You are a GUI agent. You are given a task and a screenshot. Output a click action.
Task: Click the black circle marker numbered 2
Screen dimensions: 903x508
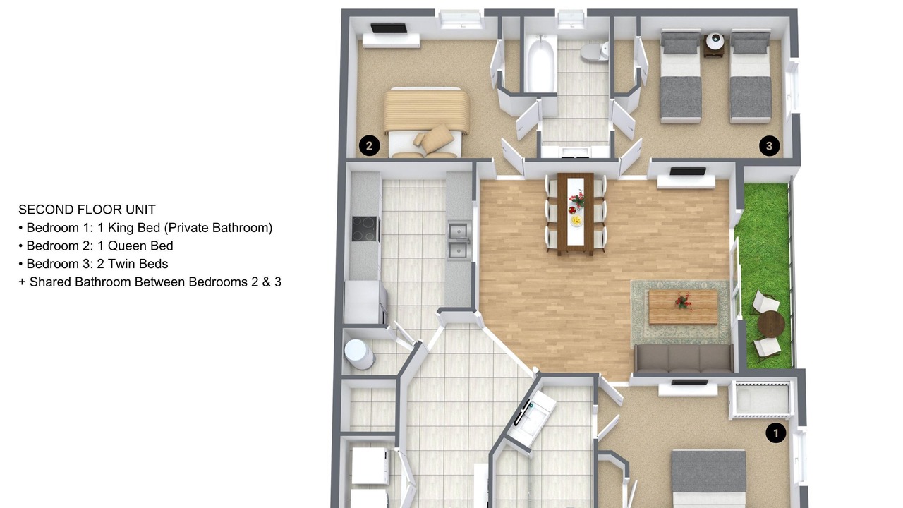click(369, 145)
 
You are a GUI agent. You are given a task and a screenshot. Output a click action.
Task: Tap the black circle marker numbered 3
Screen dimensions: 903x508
click(769, 145)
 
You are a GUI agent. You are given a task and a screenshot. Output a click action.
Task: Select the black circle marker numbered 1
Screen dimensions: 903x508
click(775, 433)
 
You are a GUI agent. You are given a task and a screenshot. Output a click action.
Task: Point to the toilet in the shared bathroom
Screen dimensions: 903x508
click(595, 52)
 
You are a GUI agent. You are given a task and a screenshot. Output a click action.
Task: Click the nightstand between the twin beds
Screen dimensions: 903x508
click(715, 44)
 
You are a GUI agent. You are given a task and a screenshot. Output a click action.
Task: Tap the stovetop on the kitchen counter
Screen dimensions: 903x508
click(365, 229)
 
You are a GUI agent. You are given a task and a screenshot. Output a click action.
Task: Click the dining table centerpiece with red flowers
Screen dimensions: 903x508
click(577, 200)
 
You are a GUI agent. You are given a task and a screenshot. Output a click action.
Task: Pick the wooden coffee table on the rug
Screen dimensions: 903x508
click(683, 306)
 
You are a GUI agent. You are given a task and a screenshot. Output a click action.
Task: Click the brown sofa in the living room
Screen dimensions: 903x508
click(684, 358)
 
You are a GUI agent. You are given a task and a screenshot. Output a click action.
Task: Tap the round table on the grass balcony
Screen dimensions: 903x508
click(771, 324)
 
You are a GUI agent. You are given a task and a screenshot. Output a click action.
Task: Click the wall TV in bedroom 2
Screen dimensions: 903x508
click(389, 28)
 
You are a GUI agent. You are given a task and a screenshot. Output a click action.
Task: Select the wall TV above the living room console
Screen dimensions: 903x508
click(688, 171)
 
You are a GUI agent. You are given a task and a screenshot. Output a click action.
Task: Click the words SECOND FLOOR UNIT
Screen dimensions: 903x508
click(87, 210)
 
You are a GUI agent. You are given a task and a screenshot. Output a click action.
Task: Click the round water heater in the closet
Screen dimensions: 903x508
click(358, 353)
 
